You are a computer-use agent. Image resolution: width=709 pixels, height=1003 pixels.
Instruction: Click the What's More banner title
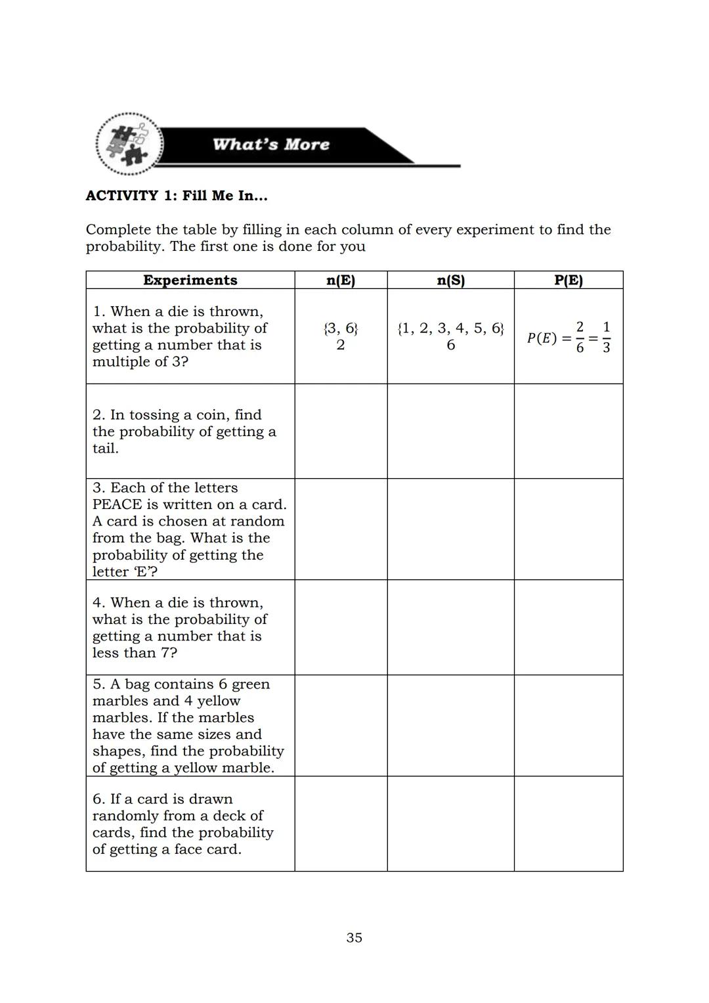coord(270,145)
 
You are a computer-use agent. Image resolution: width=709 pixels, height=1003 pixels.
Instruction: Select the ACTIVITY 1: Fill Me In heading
coord(177,196)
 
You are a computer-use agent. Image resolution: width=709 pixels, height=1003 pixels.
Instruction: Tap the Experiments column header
coord(190,280)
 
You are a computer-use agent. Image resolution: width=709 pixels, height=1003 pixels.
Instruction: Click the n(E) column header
coord(340,280)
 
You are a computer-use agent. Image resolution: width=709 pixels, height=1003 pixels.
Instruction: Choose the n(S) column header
coord(450,280)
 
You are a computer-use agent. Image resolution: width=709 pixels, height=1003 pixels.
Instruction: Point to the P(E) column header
coord(568,280)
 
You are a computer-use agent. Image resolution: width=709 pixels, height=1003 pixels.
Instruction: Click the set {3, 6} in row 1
coord(340,328)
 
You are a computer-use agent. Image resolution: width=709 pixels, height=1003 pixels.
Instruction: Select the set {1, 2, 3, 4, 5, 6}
coord(450,328)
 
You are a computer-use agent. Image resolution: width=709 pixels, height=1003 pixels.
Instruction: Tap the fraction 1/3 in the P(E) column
coord(605,337)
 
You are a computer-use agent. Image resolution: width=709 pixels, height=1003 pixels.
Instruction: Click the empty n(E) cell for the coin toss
coord(340,431)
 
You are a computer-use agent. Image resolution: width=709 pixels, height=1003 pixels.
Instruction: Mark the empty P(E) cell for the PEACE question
coord(568,529)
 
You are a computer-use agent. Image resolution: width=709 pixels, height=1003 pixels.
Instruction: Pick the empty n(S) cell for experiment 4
coord(450,627)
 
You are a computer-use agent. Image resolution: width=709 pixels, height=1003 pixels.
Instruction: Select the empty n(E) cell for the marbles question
coord(340,725)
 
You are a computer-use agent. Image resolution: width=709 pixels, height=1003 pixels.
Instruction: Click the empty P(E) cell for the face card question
coord(568,824)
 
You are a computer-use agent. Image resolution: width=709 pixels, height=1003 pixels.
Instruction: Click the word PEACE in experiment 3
coord(118,504)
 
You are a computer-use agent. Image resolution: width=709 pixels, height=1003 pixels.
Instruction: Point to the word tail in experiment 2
coord(104,449)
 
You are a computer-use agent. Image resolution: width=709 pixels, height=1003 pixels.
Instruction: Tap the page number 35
coord(354,937)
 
